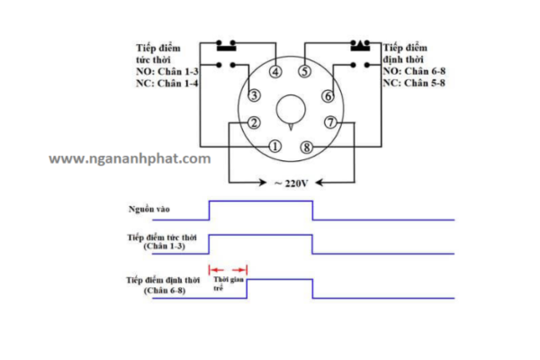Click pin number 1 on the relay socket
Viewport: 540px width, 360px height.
[275, 146]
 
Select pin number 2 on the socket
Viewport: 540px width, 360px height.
[255, 123]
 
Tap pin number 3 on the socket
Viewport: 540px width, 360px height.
[255, 95]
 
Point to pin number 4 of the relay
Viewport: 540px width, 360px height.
[275, 72]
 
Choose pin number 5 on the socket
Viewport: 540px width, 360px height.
[305, 72]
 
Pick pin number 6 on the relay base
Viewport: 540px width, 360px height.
[328, 95]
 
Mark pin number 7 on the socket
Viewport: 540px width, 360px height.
[330, 122]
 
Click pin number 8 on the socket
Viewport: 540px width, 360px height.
[307, 146]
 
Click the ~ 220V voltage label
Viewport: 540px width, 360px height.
[291, 183]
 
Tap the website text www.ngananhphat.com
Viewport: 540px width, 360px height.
[130, 158]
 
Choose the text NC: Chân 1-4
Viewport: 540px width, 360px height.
[166, 83]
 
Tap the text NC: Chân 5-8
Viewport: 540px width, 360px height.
[413, 83]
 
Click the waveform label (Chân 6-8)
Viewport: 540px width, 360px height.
[167, 292]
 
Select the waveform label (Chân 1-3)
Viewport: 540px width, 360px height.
[168, 246]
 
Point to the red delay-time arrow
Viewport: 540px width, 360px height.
[228, 269]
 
